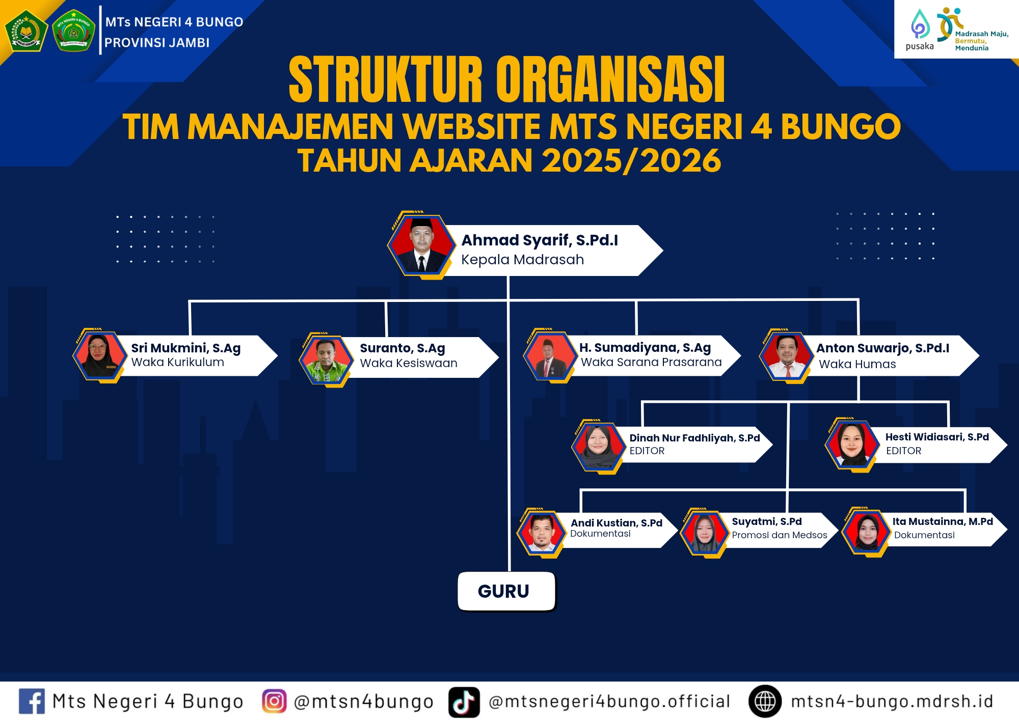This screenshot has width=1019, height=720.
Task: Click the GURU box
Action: pos(506,591)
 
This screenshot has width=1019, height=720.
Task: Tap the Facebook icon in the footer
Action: pos(32,701)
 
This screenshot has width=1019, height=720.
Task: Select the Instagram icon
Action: pos(274,701)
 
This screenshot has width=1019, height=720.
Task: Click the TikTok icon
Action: pos(464,702)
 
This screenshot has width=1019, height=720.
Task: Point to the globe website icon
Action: pos(765,701)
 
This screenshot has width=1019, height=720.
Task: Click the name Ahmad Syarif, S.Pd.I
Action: pos(540,240)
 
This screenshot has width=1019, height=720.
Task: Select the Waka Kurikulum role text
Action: pos(178,362)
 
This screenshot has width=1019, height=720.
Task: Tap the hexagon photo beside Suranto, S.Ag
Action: pos(326,360)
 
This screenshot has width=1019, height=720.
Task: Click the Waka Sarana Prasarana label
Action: pos(651,362)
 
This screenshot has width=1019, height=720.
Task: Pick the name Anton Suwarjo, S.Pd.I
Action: pos(883,348)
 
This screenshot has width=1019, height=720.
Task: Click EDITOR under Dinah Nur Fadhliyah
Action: pos(647,451)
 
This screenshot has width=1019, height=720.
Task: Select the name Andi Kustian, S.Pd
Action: pos(616,523)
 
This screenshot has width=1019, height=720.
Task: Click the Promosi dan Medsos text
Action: pos(780,535)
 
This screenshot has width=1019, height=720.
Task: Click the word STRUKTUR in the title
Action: pos(386,80)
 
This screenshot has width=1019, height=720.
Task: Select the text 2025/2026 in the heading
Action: pos(631,160)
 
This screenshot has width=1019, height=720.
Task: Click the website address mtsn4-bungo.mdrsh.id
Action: pos(892,701)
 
